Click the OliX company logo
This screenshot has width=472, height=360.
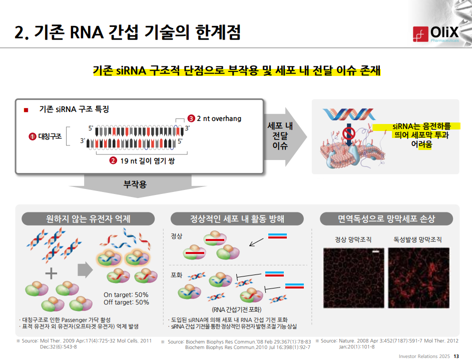click(436, 34)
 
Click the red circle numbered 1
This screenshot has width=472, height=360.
click(32, 136)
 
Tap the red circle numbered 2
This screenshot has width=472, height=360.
click(113, 160)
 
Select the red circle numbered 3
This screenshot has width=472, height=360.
click(191, 118)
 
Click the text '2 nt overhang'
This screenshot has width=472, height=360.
click(219, 118)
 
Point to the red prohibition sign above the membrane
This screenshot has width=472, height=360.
click(349, 132)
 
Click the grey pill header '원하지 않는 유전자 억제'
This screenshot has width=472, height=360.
click(88, 218)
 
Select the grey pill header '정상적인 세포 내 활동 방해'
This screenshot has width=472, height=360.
click(237, 218)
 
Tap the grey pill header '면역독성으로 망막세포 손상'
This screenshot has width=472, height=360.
click(386, 218)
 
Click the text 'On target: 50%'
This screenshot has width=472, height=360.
click(126, 294)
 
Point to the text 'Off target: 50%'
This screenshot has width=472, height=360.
click(127, 302)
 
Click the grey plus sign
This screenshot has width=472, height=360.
click(51, 273)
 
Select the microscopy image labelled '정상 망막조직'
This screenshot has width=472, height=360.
click(354, 277)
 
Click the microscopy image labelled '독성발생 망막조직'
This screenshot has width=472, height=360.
click(419, 277)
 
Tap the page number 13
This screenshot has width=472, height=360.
click(456, 356)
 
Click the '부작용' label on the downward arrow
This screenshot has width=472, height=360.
click(135, 184)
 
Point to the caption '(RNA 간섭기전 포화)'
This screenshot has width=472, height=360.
click(237, 309)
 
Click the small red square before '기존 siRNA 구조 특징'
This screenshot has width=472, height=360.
click(26, 110)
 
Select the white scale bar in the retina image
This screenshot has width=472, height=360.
click(376, 251)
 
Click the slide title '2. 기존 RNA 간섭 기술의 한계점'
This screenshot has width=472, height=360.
click(128, 32)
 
